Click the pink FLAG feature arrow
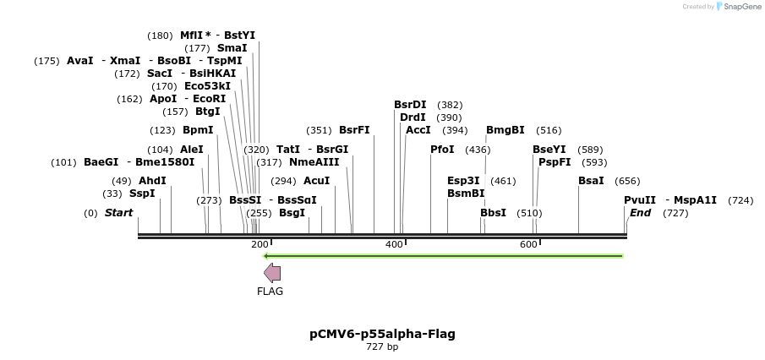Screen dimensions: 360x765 coord(272,272)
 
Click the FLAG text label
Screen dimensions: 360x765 coord(270,292)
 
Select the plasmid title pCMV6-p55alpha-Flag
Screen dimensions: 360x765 coord(382,334)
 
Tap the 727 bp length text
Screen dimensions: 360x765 coord(382,347)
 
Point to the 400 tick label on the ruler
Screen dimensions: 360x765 coord(394,244)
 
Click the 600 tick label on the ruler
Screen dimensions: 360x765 coord(528,244)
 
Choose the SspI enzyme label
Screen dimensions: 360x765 coord(142,194)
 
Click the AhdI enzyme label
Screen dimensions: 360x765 coord(152,181)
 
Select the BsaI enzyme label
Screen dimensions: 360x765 coord(591,181)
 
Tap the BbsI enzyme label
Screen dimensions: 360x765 coord(493,213)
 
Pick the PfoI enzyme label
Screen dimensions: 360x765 coord(442,150)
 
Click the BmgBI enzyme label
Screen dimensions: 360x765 coord(505,130)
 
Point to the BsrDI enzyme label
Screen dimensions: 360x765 coord(410,105)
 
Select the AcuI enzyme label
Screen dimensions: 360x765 coord(316,181)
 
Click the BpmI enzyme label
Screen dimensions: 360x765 coord(198,130)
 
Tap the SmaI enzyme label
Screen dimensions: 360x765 coord(232,48)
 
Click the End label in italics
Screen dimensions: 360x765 coord(640,213)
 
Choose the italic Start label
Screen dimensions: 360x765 coord(118,213)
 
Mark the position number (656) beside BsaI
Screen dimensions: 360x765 coord(627,181)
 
